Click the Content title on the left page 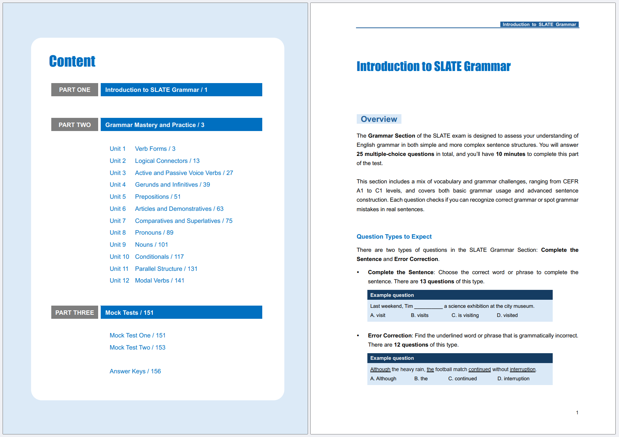[72, 61]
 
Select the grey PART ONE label [75, 90]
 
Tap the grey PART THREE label [75, 313]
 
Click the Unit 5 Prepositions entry [145, 197]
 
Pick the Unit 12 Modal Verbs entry [147, 280]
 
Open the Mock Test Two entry [137, 347]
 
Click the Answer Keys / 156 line [135, 371]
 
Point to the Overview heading [379, 119]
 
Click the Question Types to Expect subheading [394, 236]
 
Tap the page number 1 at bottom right [577, 412]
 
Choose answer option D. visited [507, 315]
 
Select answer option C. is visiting [465, 315]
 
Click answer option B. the [421, 378]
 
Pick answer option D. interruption [514, 378]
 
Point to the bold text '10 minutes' [511, 154]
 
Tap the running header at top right [539, 25]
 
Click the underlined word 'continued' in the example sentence [479, 369]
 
